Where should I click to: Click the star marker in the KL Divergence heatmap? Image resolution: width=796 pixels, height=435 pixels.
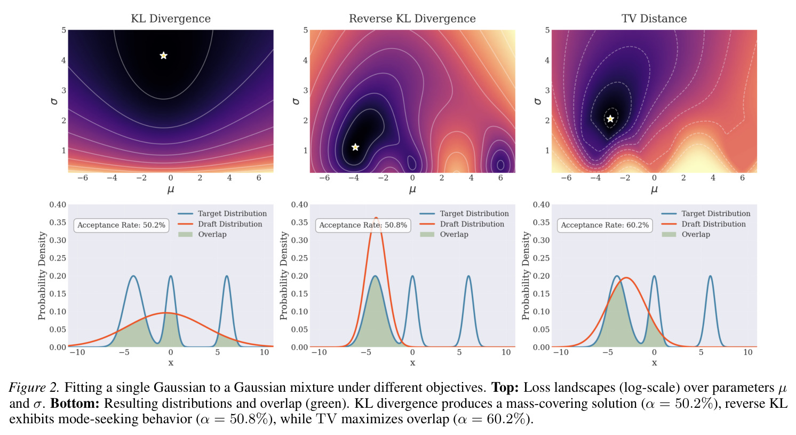click(x=163, y=56)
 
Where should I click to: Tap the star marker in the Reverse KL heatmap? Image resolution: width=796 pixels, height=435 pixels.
click(x=355, y=147)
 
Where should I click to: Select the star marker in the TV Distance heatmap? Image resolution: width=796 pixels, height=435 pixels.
click(x=610, y=118)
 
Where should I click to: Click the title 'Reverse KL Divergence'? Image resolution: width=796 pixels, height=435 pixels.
click(x=412, y=19)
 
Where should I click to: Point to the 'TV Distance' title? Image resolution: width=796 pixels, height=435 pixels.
click(x=654, y=19)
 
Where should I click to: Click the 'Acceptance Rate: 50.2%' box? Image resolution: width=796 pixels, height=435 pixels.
click(x=121, y=225)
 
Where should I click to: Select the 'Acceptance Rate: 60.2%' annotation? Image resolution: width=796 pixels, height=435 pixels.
click(x=605, y=225)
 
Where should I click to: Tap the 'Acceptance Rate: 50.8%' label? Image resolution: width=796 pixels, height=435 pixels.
click(x=363, y=225)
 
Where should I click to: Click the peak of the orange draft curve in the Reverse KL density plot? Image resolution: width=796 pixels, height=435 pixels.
click(x=376, y=218)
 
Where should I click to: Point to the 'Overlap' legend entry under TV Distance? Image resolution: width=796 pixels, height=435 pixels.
click(x=686, y=234)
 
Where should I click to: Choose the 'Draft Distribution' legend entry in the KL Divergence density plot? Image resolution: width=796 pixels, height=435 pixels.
click(x=220, y=224)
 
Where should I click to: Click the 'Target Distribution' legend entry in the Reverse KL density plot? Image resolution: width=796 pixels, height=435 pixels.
click(x=464, y=213)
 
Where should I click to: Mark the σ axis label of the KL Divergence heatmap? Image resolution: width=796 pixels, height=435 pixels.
click(x=54, y=101)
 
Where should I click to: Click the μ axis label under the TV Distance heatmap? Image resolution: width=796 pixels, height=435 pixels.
click(x=654, y=189)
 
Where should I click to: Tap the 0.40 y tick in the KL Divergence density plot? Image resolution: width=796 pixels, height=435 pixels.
click(x=58, y=205)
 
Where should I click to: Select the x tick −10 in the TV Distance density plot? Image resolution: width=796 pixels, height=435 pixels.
click(x=561, y=352)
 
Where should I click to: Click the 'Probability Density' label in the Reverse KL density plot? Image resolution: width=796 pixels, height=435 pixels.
click(x=283, y=276)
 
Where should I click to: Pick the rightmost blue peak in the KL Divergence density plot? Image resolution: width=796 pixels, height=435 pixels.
click(x=227, y=276)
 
